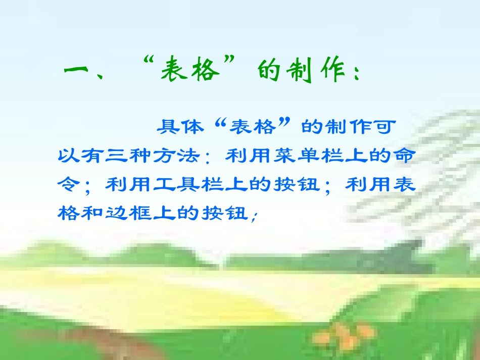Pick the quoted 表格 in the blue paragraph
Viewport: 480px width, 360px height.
point(253,126)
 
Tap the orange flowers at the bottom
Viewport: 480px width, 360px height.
point(344,333)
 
